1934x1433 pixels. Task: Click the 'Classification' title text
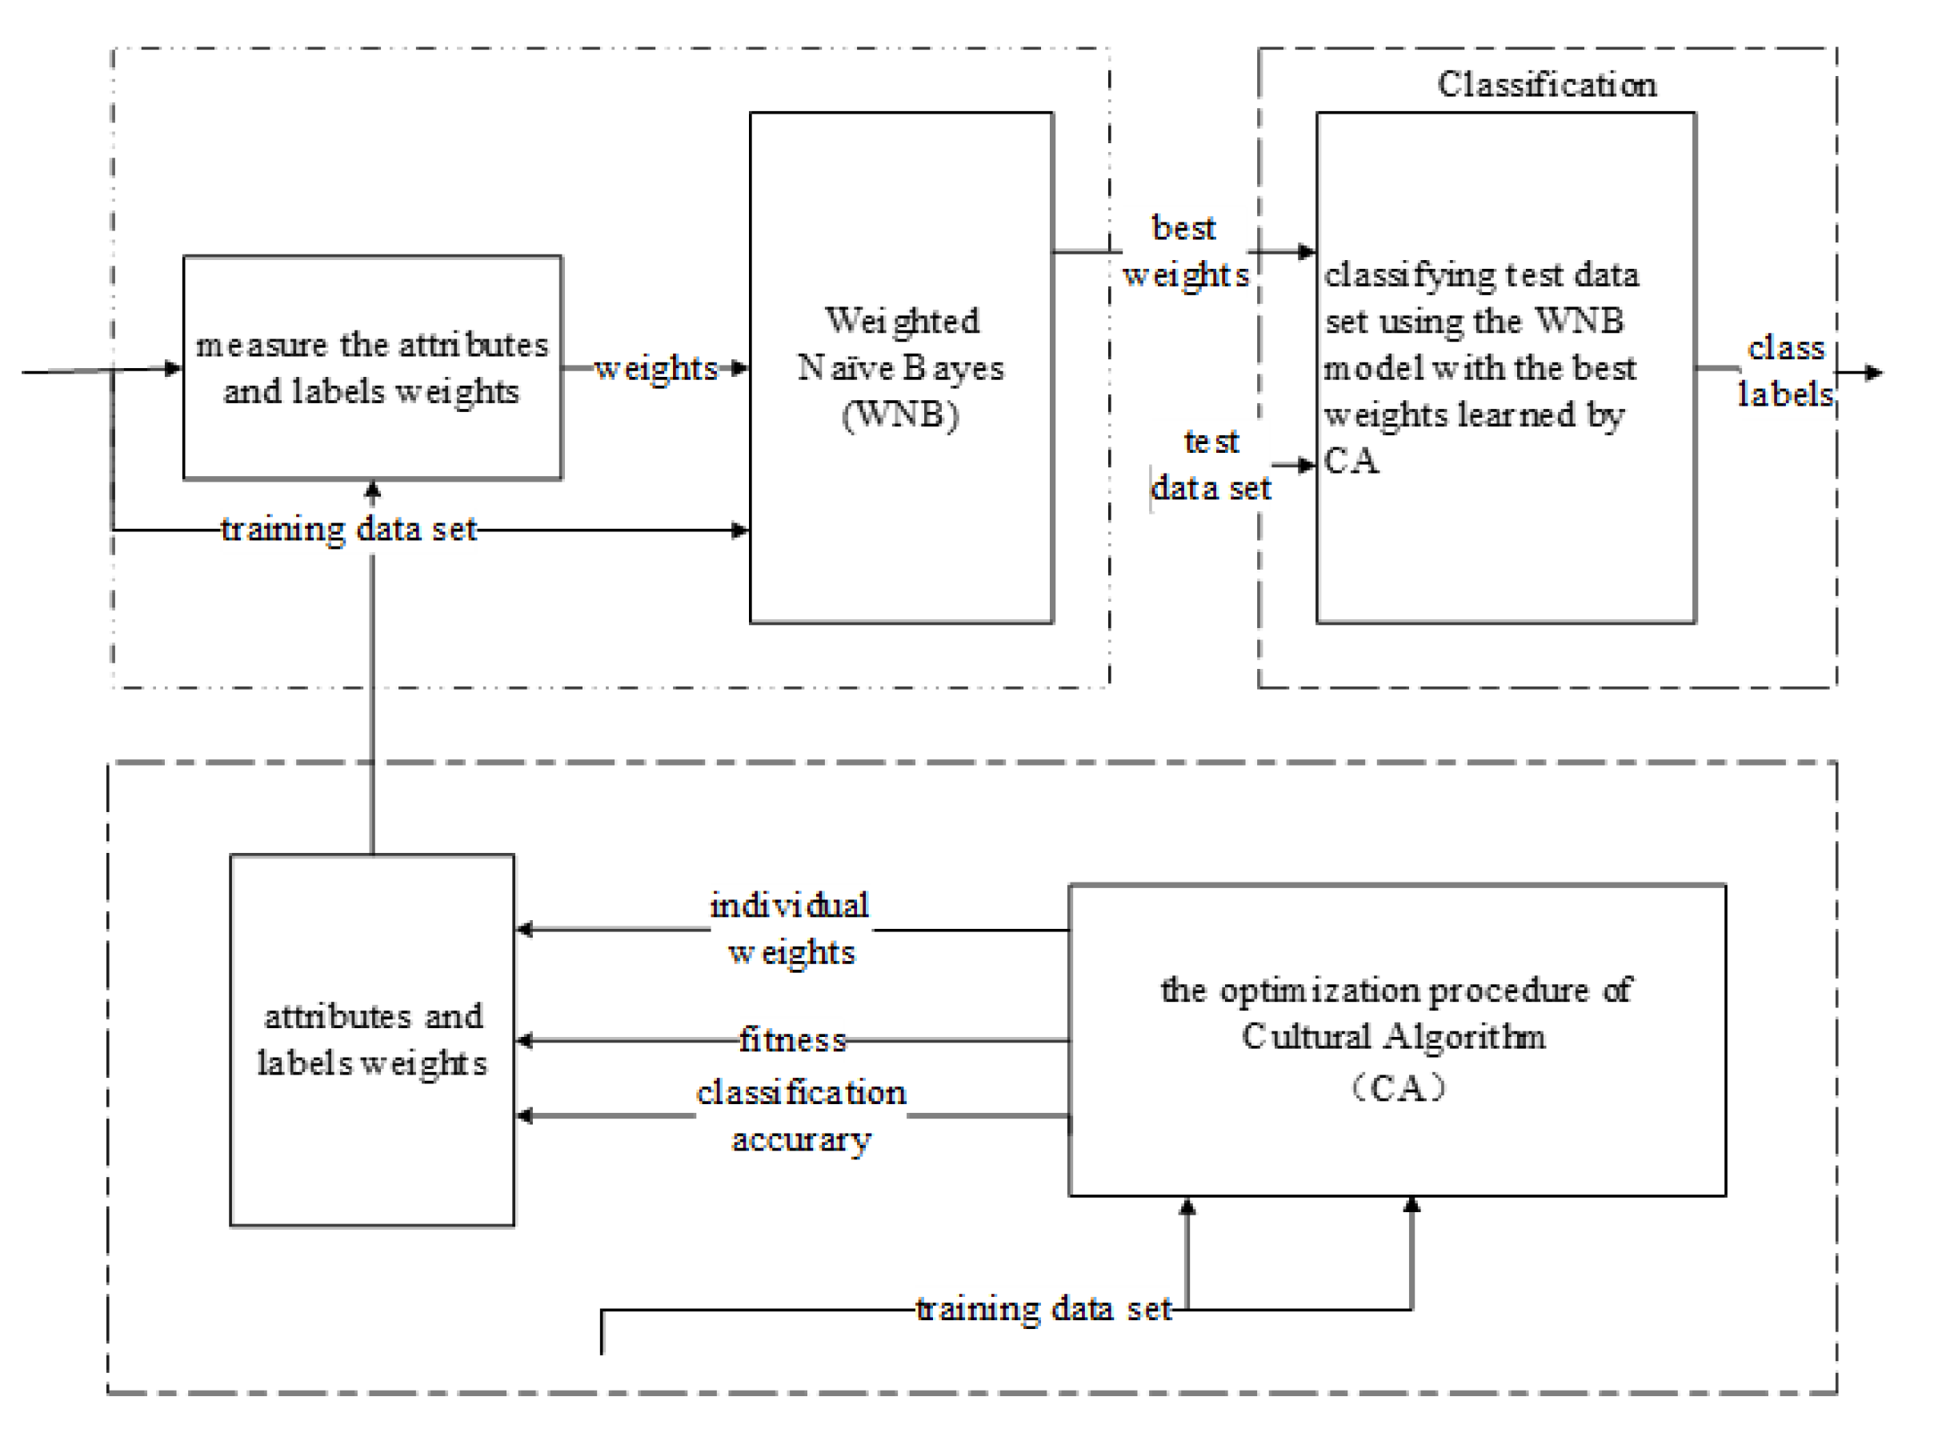pos(1547,85)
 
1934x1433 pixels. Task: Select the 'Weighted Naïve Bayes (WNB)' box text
pos(901,367)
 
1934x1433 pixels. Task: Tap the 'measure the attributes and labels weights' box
pos(372,367)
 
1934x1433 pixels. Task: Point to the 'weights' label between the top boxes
pos(655,368)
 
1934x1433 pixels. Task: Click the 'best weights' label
pos(1185,251)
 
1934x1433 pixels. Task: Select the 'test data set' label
pos(1211,466)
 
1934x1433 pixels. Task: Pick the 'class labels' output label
pos(1786,371)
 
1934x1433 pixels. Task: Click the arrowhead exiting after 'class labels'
pos(1874,373)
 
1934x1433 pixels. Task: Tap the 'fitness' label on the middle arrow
pos(793,1040)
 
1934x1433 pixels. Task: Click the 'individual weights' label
pos(790,929)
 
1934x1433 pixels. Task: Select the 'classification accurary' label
pos(800,1115)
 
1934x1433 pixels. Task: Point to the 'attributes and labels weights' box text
pos(372,1040)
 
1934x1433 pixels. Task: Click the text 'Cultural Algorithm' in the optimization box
pos(1393,1037)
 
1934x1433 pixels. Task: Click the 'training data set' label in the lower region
pos(1043,1309)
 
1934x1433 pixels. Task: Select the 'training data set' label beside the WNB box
pos(349,529)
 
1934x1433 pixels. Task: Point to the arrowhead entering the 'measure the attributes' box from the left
pos(174,369)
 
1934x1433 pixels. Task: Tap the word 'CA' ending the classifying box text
pos(1351,461)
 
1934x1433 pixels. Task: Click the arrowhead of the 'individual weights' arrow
pos(524,930)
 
